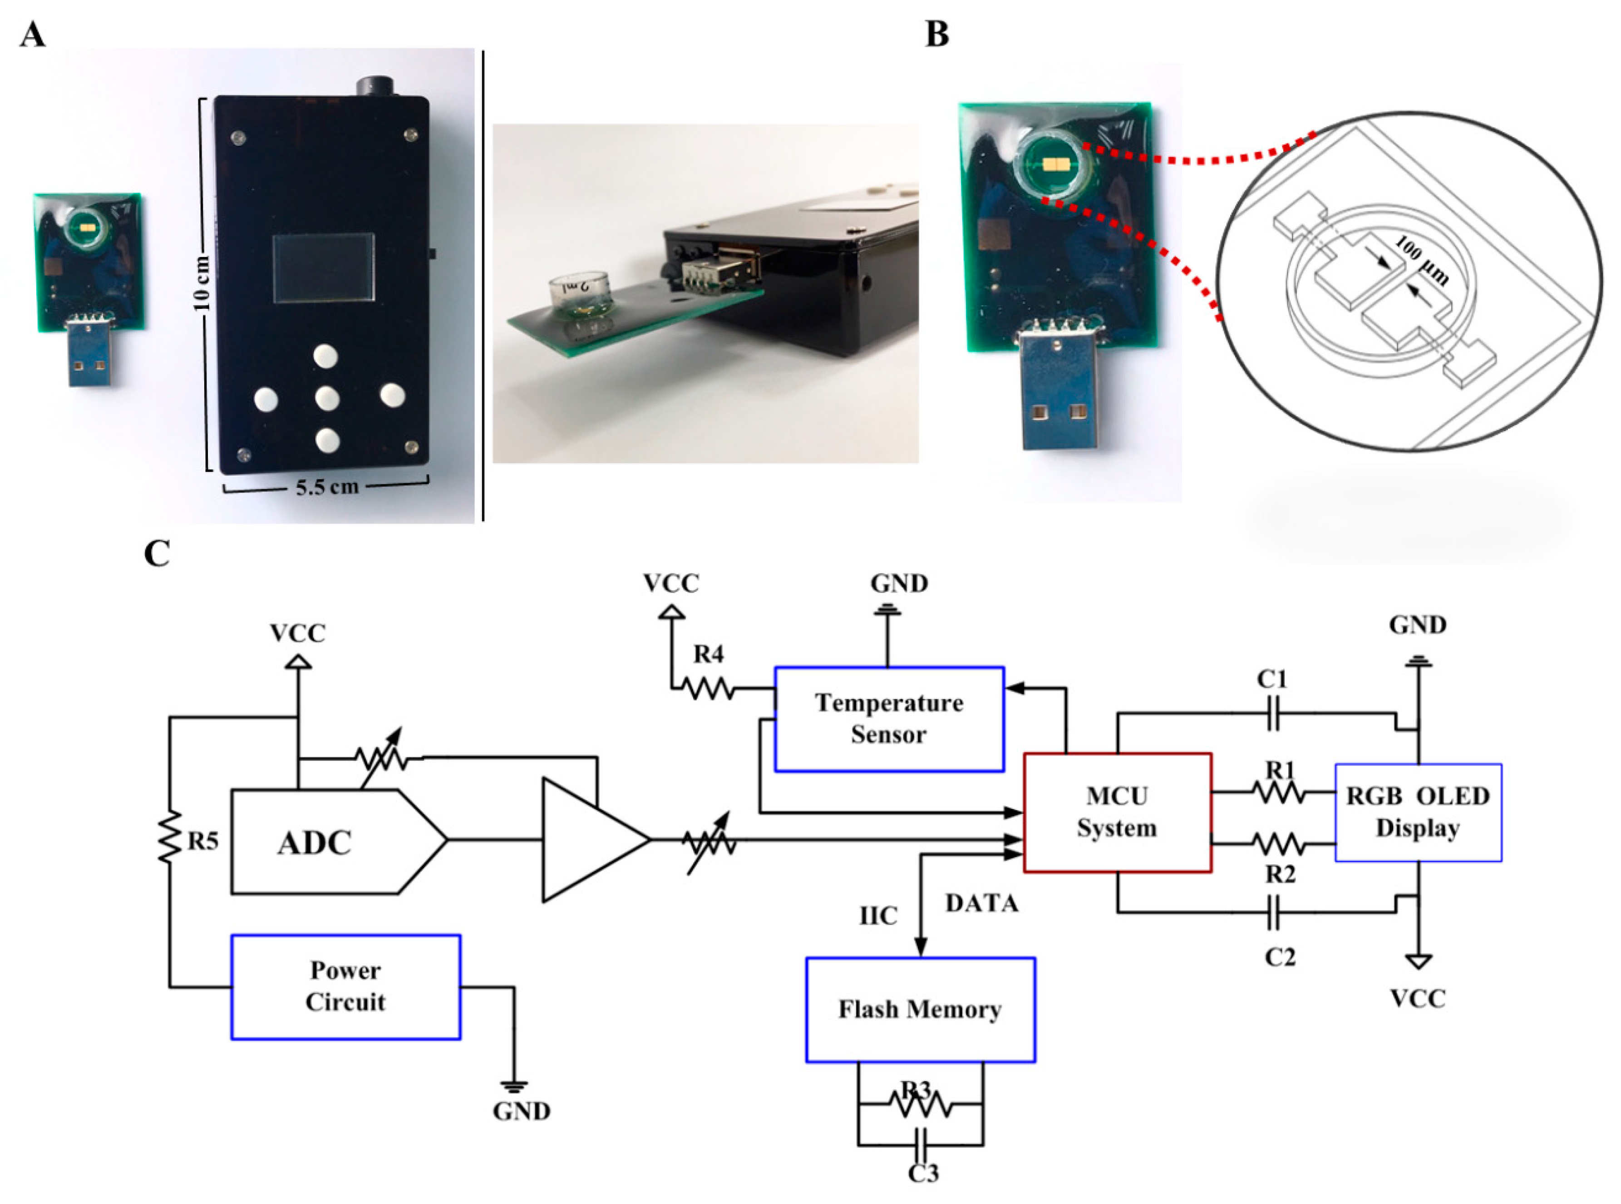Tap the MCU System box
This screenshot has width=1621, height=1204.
point(1117,812)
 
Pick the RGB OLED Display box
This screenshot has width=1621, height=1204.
point(1417,812)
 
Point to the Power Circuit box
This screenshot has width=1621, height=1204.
point(345,986)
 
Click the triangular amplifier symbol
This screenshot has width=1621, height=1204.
point(586,840)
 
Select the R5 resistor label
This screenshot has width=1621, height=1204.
point(202,841)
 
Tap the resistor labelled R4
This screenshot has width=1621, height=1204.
point(708,688)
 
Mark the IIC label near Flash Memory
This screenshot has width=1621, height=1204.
point(878,916)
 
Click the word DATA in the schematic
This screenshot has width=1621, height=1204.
point(981,904)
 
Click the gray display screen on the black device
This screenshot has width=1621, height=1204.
point(324,268)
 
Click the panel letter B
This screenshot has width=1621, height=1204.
point(937,34)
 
